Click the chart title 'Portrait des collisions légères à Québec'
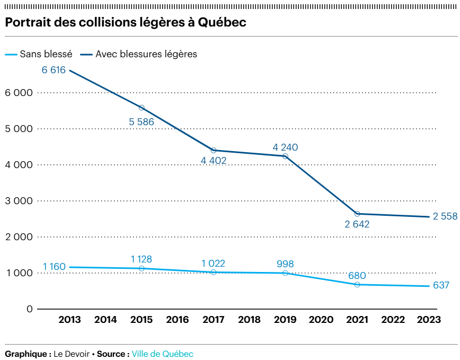click(126, 23)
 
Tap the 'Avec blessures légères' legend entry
click(146, 54)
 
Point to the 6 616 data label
click(53, 70)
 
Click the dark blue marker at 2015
click(141, 108)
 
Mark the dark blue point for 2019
click(285, 156)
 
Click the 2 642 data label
click(357, 224)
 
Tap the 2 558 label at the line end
click(445, 216)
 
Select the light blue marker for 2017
click(214, 272)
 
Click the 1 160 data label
click(54, 267)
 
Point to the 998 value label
click(285, 264)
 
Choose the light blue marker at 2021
click(357, 285)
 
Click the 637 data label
click(440, 286)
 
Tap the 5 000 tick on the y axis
click(19, 129)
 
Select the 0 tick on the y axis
click(30, 309)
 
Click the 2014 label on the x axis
click(105, 320)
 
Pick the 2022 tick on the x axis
click(393, 320)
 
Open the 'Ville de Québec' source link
click(163, 354)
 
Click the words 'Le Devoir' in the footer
click(72, 354)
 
